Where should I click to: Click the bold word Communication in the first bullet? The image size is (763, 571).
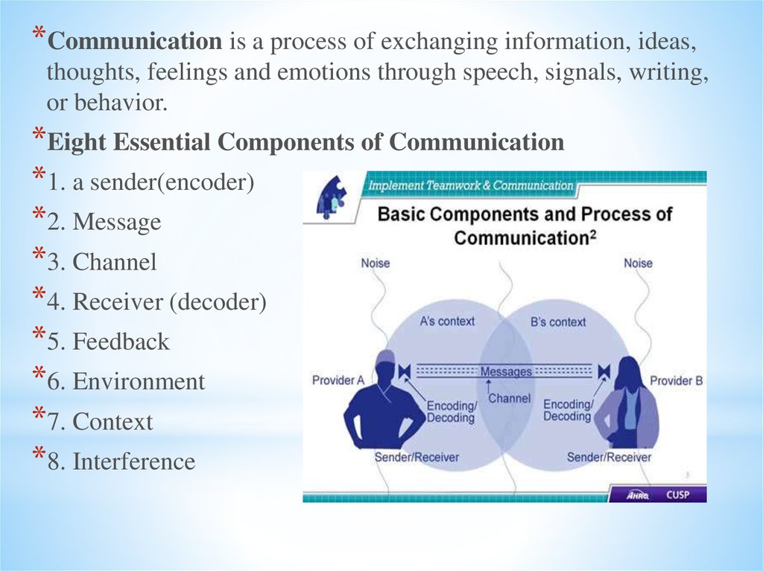click(x=135, y=42)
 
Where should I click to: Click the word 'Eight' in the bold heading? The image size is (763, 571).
click(x=75, y=141)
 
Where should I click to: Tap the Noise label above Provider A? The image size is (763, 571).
click(x=376, y=264)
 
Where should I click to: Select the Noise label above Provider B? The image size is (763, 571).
click(x=638, y=264)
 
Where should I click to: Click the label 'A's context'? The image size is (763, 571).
click(x=447, y=322)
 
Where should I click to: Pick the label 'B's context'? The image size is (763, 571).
click(x=558, y=322)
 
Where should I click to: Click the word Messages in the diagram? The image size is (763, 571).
click(x=506, y=371)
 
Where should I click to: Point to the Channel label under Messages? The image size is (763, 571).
click(x=509, y=398)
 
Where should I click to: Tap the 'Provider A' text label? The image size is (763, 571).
click(x=338, y=380)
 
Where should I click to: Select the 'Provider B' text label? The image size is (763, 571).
click(x=677, y=380)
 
